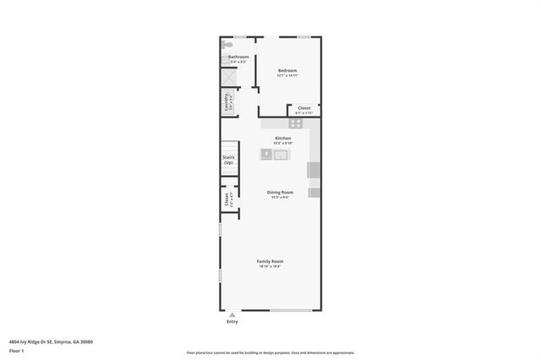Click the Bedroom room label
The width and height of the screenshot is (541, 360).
[287, 70]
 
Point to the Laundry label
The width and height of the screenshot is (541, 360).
[226, 103]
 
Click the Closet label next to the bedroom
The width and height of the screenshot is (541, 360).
[303, 107]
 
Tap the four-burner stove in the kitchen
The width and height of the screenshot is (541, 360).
[295, 123]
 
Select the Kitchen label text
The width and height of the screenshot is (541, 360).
[283, 138]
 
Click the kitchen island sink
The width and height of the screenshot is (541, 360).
[281, 154]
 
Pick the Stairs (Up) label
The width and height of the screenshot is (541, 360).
[228, 160]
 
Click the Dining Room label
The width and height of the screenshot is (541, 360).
[279, 193]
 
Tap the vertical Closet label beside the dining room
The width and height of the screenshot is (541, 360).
[226, 199]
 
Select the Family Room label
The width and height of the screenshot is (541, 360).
[270, 261]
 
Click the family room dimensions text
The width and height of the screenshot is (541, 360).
[270, 266]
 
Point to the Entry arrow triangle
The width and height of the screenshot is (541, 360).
[232, 314]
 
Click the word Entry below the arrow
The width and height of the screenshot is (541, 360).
[232, 321]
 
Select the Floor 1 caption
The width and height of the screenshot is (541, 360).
[17, 350]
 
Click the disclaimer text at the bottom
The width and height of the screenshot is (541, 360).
[270, 352]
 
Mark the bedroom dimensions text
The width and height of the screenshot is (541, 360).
[287, 76]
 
